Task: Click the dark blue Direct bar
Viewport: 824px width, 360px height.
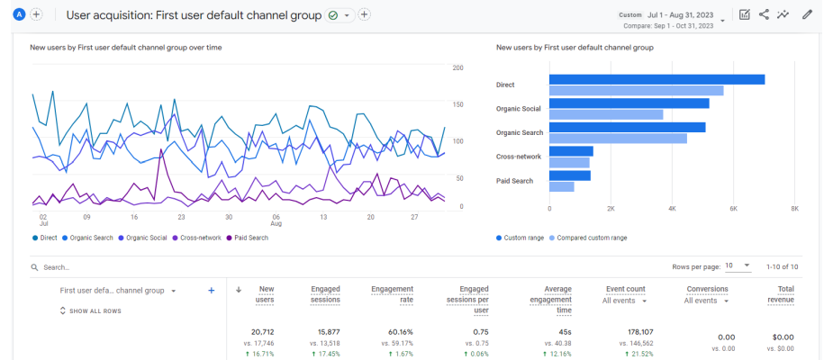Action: tap(656, 79)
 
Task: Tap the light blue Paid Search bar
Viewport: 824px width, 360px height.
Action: tap(561, 186)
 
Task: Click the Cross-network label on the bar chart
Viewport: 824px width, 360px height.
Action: tap(519, 157)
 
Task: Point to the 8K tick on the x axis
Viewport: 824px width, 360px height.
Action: tap(793, 208)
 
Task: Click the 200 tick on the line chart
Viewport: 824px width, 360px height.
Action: tap(457, 68)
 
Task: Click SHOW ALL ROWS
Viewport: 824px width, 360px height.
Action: tap(90, 311)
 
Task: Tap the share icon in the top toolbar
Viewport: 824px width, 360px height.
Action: tap(764, 14)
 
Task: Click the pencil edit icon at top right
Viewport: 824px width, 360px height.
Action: tap(807, 14)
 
